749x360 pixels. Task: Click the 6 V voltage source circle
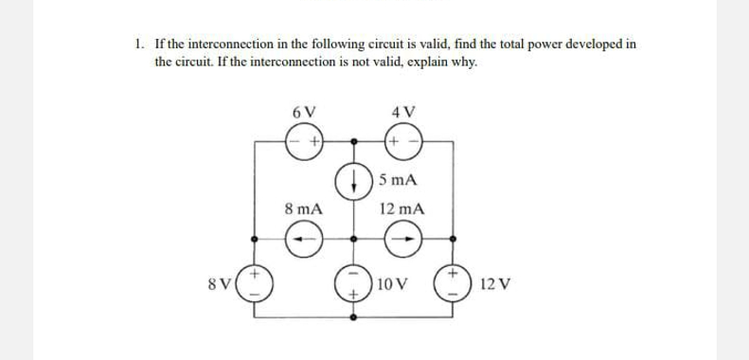(x=304, y=140)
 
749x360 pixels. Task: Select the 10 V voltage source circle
(x=354, y=282)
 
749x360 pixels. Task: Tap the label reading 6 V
(x=304, y=110)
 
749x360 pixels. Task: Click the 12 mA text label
(x=401, y=207)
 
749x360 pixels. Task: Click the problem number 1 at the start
(x=138, y=44)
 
